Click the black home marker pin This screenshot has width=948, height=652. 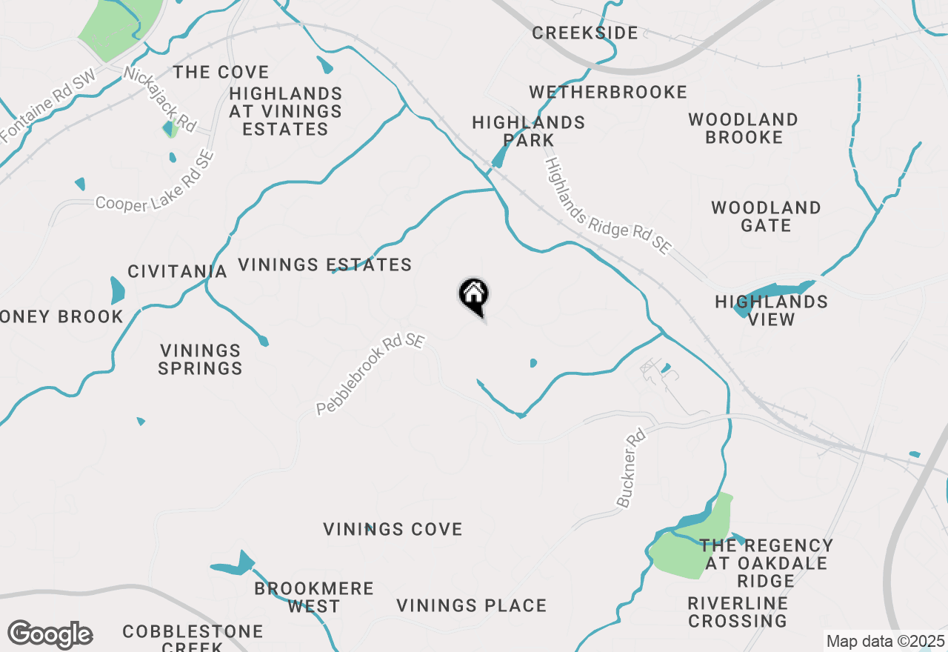tap(474, 296)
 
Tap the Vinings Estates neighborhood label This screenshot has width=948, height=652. tap(325, 265)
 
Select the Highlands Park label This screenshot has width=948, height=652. tap(528, 131)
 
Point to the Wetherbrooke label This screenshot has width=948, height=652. tap(608, 92)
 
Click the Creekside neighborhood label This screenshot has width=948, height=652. tap(585, 33)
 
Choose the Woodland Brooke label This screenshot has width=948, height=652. tap(744, 128)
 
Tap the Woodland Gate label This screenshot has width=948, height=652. tap(766, 216)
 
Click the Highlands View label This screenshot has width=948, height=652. tap(771, 310)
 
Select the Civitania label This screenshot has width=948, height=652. tap(177, 271)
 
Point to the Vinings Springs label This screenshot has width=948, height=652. tap(201, 359)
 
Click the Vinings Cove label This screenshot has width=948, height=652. tap(393, 529)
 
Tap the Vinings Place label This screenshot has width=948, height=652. tap(471, 605)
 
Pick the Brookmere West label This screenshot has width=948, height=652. tap(314, 597)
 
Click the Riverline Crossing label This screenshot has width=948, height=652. tap(738, 612)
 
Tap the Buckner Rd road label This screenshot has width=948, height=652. tap(632, 468)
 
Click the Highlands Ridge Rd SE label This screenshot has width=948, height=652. tap(607, 206)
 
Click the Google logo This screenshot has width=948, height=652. tap(50, 635)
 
